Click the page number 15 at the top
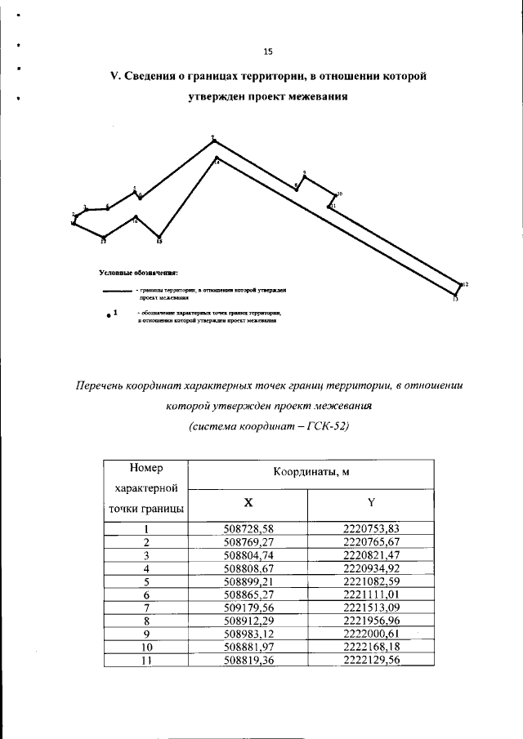pyautogui.click(x=267, y=51)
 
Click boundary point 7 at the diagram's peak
pyautogui.click(x=212, y=140)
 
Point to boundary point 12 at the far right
pyautogui.click(x=461, y=284)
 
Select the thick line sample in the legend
pyautogui.click(x=117, y=291)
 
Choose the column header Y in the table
pyautogui.click(x=370, y=503)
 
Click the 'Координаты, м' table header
pyautogui.click(x=310, y=474)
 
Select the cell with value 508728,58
pyautogui.click(x=248, y=528)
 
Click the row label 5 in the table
pyautogui.click(x=145, y=582)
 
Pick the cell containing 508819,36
pyautogui.click(x=248, y=662)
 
